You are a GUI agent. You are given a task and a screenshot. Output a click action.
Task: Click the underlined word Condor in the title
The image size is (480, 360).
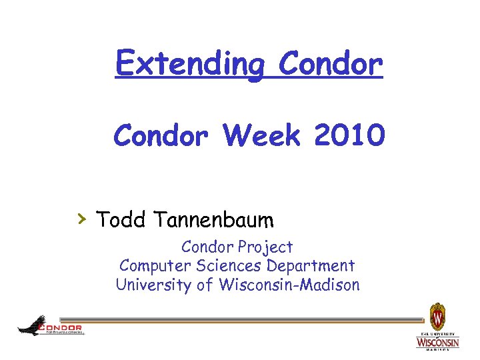click(x=331, y=65)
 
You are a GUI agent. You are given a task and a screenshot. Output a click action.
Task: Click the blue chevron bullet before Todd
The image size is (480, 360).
click(x=81, y=217)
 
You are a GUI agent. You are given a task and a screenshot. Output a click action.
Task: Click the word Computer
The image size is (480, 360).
click(x=155, y=266)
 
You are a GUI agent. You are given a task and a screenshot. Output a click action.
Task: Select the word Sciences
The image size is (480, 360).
click(x=230, y=266)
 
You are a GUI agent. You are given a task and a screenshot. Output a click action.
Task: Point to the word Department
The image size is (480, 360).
click(x=311, y=266)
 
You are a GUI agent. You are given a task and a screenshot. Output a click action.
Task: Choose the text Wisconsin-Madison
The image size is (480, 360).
click(x=288, y=285)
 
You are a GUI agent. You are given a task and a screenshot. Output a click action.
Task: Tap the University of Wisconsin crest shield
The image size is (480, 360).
click(x=437, y=315)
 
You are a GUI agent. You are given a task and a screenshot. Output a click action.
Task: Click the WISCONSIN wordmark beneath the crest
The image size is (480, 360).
click(x=437, y=343)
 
